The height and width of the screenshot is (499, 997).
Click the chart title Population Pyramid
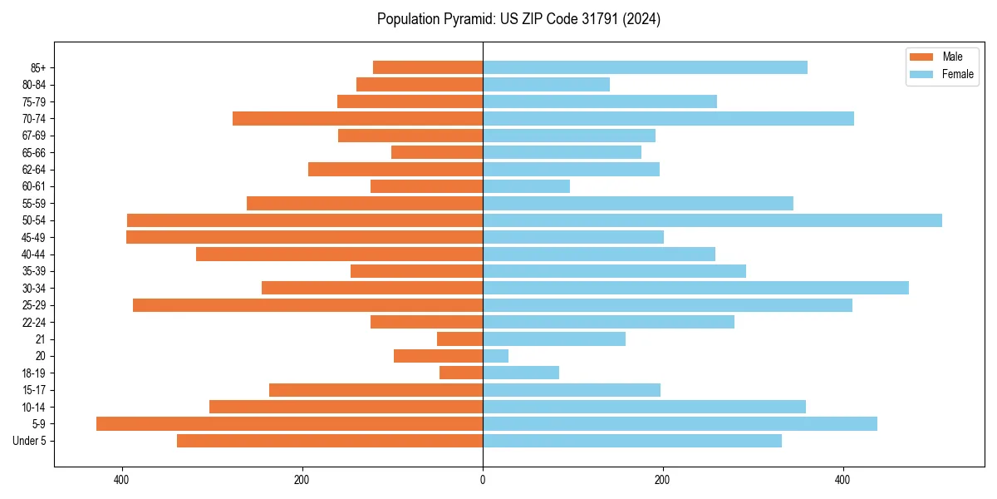[x=518, y=19]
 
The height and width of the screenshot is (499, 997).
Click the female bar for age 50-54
[x=712, y=220]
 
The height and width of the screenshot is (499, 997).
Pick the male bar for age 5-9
[x=289, y=424]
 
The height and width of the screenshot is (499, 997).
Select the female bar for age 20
[x=495, y=356]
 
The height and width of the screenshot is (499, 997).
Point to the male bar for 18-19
[x=461, y=373]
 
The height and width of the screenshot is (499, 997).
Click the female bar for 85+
[x=645, y=67]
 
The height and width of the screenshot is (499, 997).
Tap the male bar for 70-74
[x=357, y=118]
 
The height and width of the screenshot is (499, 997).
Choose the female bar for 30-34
[x=695, y=288]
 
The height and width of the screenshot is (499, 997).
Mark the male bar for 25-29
[x=307, y=305]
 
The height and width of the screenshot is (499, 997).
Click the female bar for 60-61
[x=526, y=186]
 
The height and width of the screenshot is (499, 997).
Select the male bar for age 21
[x=459, y=339]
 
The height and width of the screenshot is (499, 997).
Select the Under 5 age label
[x=29, y=441]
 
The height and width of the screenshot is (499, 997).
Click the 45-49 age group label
[x=34, y=237]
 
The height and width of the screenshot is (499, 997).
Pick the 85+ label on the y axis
[x=38, y=67]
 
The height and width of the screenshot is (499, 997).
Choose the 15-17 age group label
[x=34, y=390]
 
